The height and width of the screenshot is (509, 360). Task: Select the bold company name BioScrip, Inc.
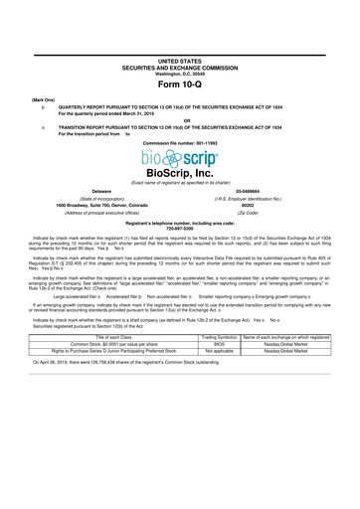(179, 174)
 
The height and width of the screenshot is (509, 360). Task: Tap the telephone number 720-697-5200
(179, 232)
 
